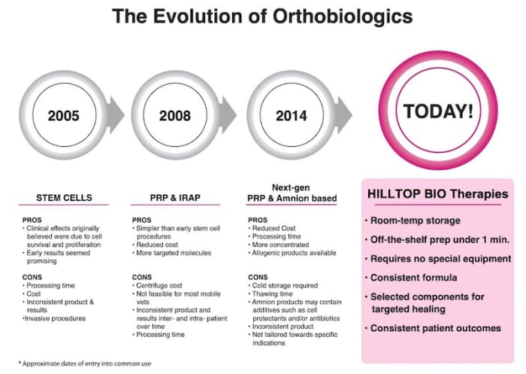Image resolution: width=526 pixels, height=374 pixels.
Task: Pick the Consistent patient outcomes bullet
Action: (x=435, y=329)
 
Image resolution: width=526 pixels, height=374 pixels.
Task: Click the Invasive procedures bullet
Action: (x=56, y=318)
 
